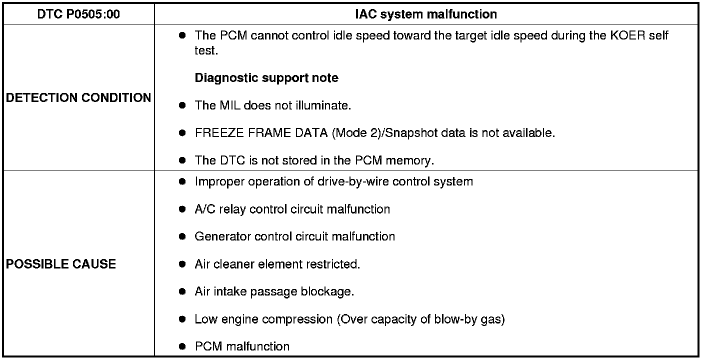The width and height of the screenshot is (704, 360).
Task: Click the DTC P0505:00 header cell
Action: point(78,14)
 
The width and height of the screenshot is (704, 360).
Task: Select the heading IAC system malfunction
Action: point(425,14)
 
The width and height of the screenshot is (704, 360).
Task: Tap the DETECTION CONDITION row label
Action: point(78,97)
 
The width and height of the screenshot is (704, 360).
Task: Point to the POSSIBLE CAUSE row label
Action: point(61,264)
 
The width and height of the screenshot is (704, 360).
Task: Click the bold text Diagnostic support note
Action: point(266,78)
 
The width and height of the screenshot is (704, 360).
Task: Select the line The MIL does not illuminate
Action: point(273,105)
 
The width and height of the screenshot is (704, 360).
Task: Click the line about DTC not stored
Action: point(314,160)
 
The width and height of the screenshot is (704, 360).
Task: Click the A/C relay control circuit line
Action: point(292,209)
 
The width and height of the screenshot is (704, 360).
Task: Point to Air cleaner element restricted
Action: point(277,264)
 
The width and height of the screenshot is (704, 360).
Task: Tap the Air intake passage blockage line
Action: point(274,291)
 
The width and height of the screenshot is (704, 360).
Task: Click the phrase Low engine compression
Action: point(263,319)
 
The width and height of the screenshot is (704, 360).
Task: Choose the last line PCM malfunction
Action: point(242,346)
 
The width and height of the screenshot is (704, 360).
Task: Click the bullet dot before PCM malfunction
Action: point(182,346)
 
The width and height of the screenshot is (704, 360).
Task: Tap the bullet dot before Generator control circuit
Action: point(182,236)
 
